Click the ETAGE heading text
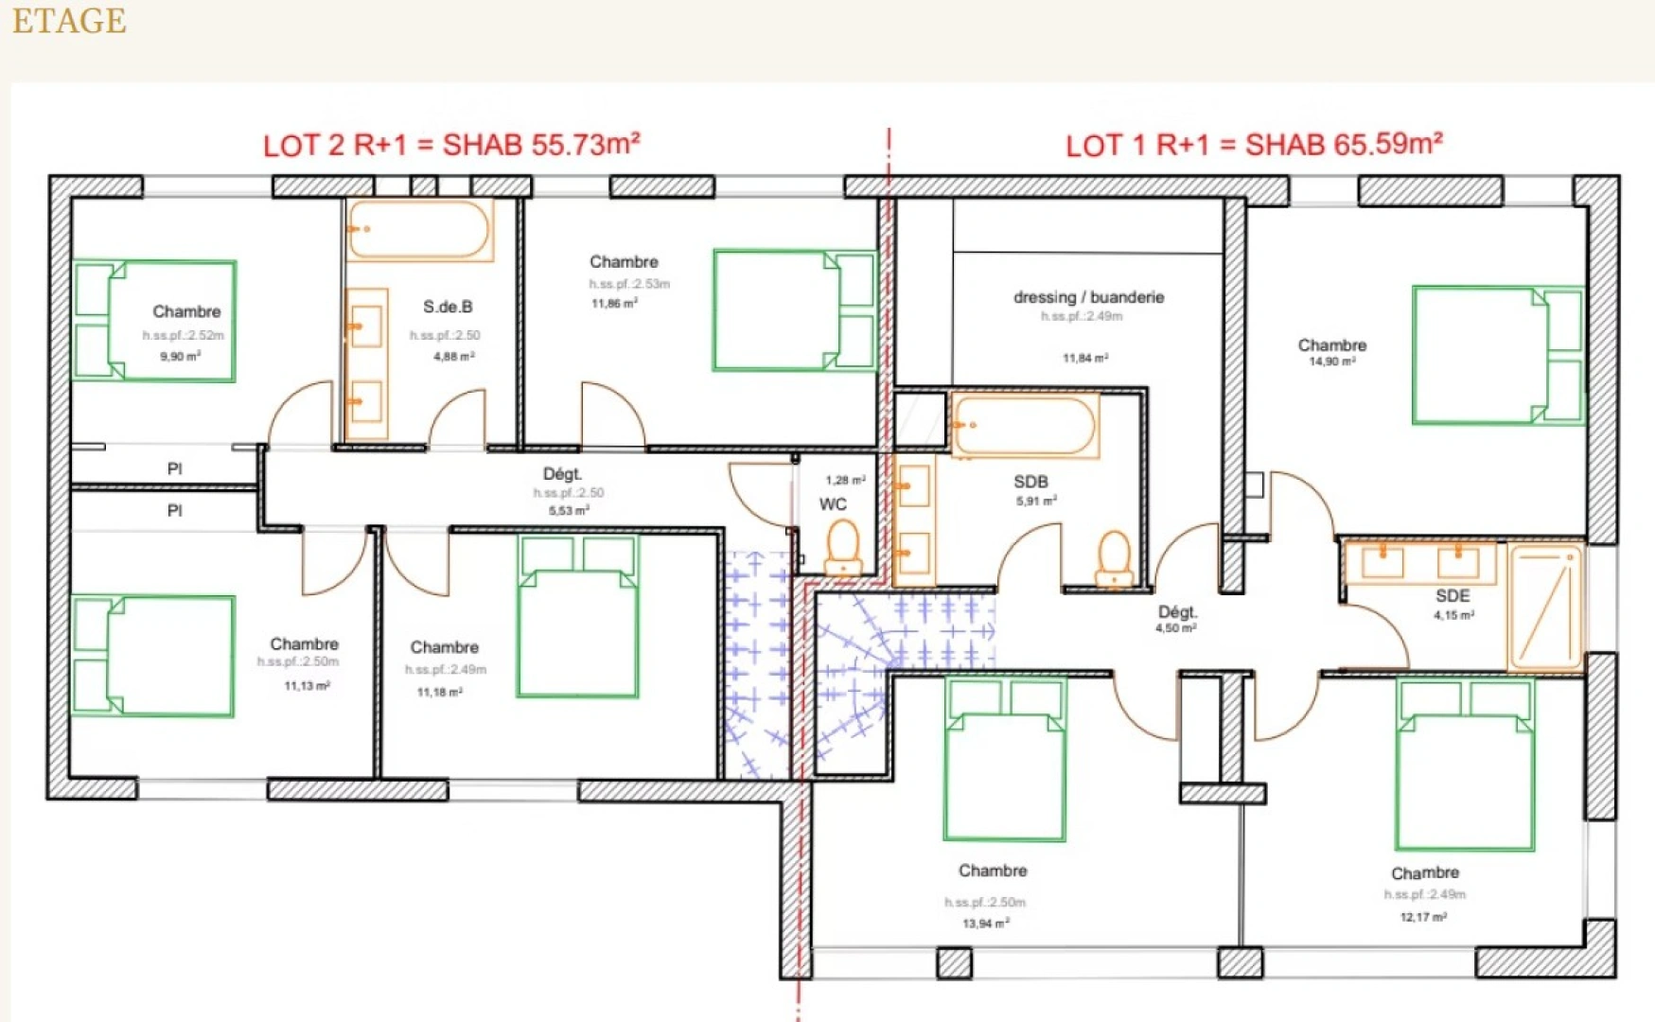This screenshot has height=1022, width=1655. pyautogui.click(x=69, y=21)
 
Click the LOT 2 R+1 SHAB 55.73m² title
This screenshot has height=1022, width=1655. pyautogui.click(x=451, y=145)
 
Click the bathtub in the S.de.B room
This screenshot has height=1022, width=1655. pyautogui.click(x=418, y=229)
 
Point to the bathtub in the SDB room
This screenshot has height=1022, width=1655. pyautogui.click(x=1023, y=426)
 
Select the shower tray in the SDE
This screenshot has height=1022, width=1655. pyautogui.click(x=1545, y=606)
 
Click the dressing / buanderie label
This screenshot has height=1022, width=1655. pyautogui.click(x=1088, y=297)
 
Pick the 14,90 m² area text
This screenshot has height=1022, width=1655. pyautogui.click(x=1331, y=361)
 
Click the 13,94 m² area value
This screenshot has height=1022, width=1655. pyautogui.click(x=985, y=923)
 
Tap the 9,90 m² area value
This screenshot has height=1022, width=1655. pyautogui.click(x=180, y=357)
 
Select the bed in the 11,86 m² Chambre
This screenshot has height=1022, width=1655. pyautogui.click(x=793, y=310)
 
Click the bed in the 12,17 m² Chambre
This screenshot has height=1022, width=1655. pyautogui.click(x=1464, y=765)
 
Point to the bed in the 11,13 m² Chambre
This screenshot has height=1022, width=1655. pyautogui.click(x=153, y=656)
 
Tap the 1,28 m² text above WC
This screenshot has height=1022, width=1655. pyautogui.click(x=844, y=481)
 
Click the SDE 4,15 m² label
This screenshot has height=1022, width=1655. pyautogui.click(x=1453, y=604)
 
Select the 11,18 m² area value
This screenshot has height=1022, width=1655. pyautogui.click(x=439, y=693)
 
